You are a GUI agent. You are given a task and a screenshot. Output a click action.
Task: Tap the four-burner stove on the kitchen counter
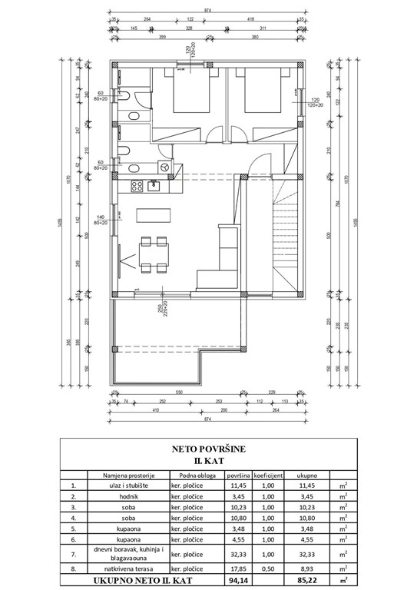pyautogui.click(x=138, y=184)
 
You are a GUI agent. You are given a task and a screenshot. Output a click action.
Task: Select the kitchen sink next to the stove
pyautogui.click(x=154, y=184)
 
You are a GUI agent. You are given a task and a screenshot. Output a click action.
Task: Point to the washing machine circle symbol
pyautogui.click(x=164, y=166)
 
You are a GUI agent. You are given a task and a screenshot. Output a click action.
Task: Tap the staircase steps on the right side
pyautogui.click(x=285, y=230)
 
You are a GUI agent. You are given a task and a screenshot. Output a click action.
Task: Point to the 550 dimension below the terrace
pyautogui.click(x=178, y=392)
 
